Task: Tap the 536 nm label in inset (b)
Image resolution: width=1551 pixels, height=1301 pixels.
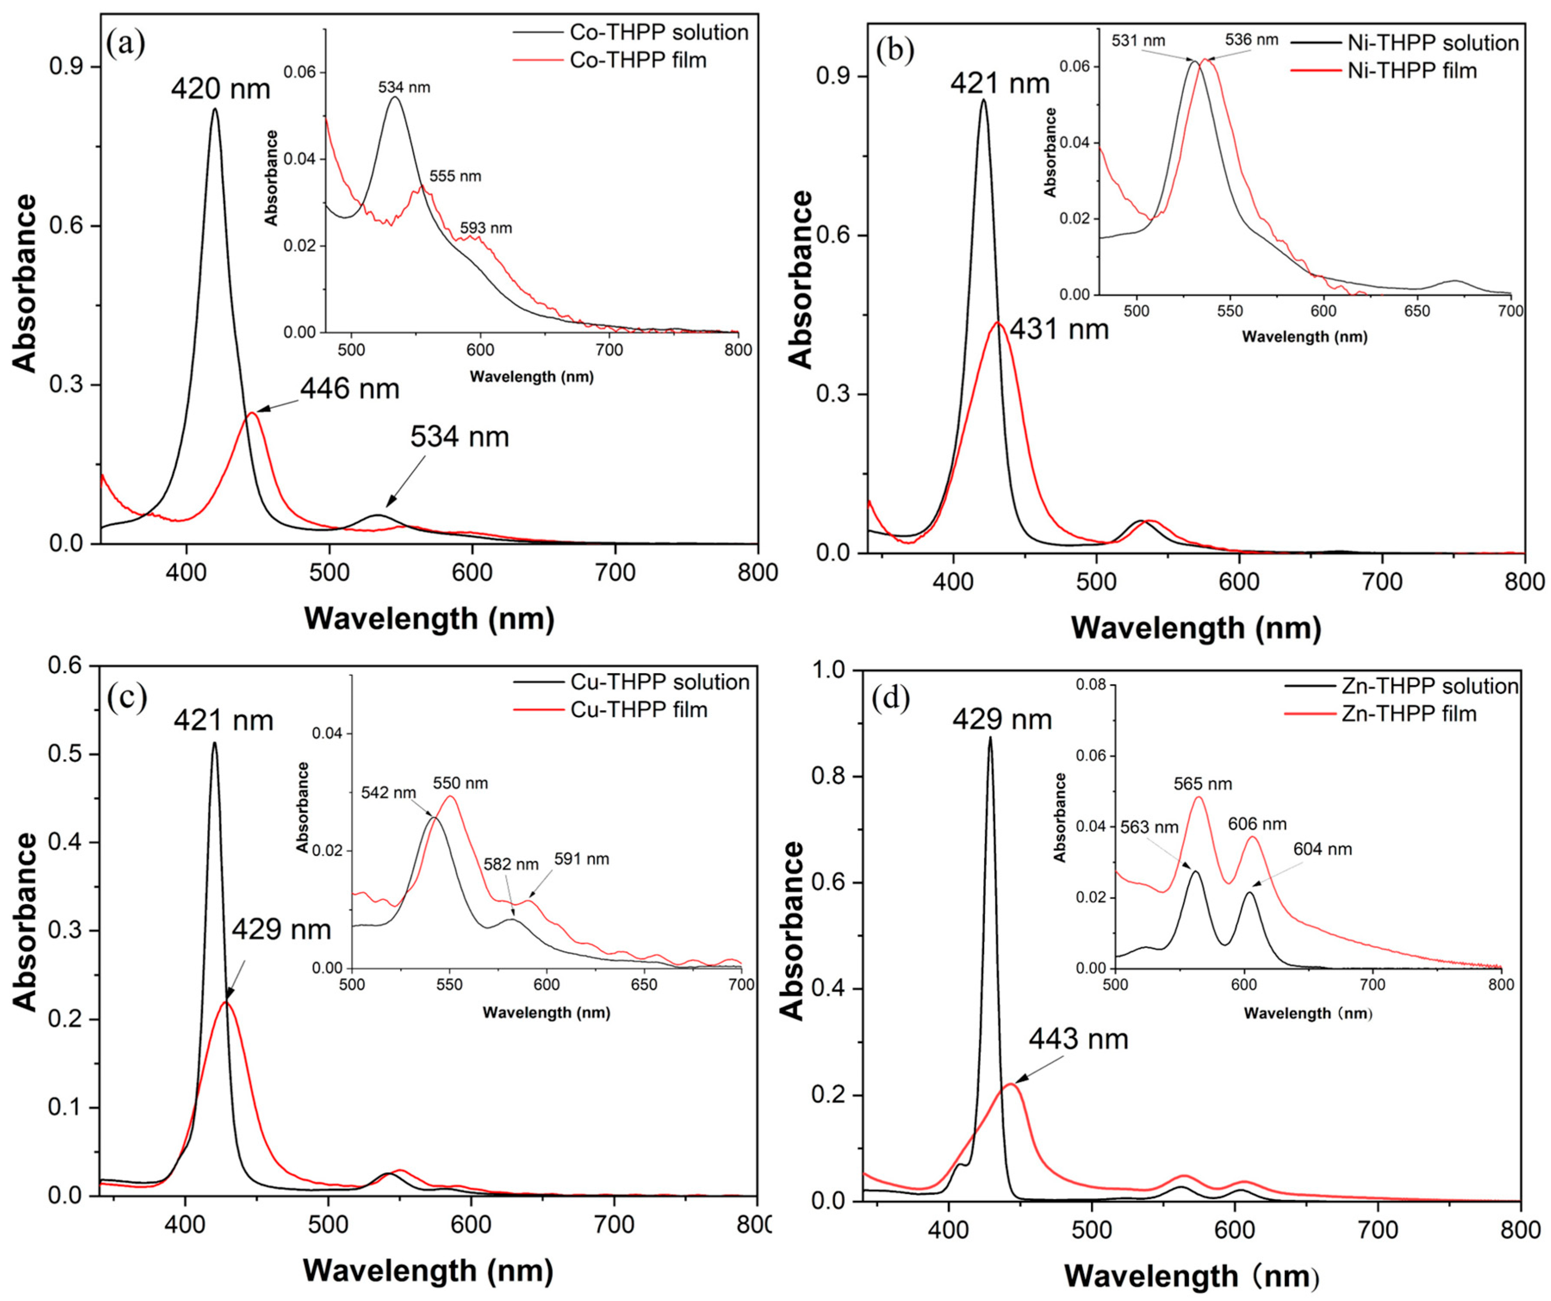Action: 1251,40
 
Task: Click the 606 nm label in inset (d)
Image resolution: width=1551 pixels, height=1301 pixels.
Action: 1257,824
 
